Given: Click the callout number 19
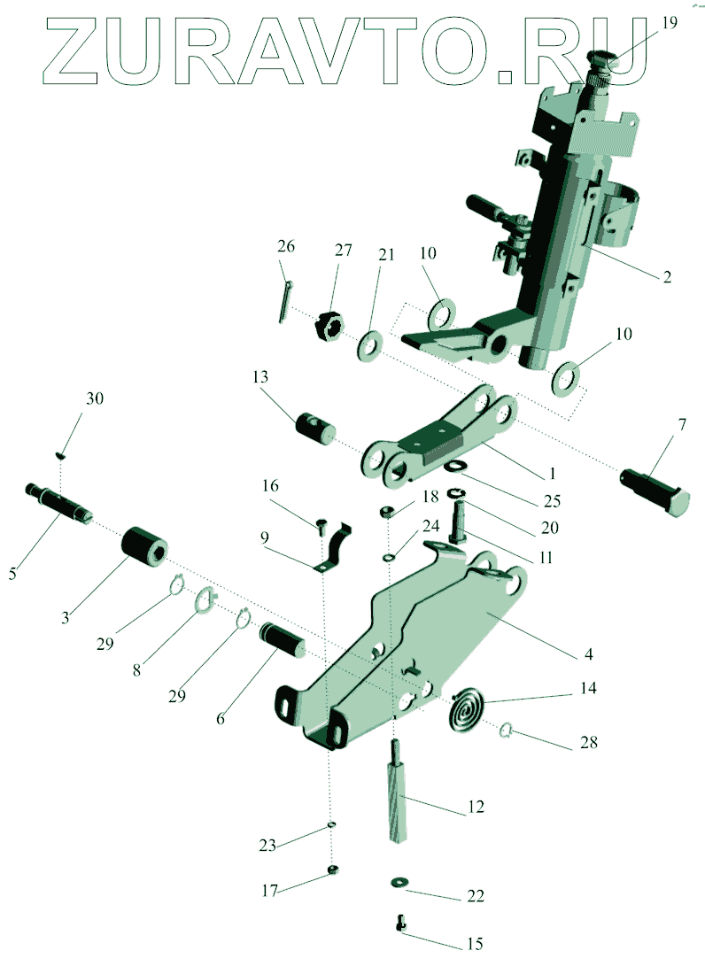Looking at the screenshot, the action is pos(670,23).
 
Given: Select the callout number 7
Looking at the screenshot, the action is pos(681,426).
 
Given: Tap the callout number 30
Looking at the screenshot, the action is pos(94,398).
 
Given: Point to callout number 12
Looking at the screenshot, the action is pos(476,807).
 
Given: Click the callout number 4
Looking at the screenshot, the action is pos(587,655).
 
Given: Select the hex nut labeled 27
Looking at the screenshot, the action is pos(329,326).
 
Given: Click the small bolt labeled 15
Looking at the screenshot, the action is pos(400,924).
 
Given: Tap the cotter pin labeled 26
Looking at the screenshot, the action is pos(285,302).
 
